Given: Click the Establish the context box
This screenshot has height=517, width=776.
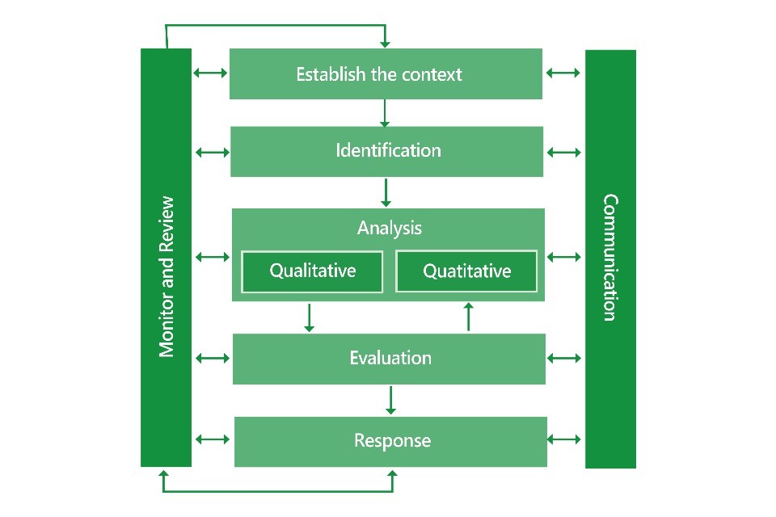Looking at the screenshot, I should [x=386, y=74].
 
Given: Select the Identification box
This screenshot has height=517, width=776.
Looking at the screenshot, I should [x=387, y=151].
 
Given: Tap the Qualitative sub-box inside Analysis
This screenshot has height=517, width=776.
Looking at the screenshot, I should [x=312, y=271].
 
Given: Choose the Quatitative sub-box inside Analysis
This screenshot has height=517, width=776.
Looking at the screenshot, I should [x=466, y=271].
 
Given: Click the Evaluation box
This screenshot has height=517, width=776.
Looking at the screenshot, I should [x=389, y=358].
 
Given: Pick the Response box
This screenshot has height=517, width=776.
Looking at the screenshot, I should [x=390, y=441].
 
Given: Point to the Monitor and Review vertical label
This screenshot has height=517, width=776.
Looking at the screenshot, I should [x=167, y=276].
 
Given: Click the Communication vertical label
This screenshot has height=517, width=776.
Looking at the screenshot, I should [x=610, y=257].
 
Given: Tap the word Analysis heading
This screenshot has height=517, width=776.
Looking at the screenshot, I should [x=389, y=228].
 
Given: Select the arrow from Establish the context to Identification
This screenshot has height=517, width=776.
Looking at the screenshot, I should [x=385, y=113].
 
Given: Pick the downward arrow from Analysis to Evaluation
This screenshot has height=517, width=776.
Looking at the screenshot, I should [x=309, y=317].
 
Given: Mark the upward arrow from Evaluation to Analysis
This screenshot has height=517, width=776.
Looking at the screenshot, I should [x=468, y=317].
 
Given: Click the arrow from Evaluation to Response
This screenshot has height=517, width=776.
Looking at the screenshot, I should [x=391, y=400].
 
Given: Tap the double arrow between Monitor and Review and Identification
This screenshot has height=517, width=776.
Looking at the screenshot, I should [x=212, y=152].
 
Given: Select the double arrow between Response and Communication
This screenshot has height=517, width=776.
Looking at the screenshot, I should [x=564, y=439].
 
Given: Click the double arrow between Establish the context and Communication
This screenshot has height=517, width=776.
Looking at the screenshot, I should [x=563, y=73].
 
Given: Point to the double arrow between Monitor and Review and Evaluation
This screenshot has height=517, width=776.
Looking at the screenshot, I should [x=213, y=357].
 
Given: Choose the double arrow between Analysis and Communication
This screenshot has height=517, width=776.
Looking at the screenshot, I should [x=564, y=257].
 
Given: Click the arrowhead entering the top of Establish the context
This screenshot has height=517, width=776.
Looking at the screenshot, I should [x=385, y=41].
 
